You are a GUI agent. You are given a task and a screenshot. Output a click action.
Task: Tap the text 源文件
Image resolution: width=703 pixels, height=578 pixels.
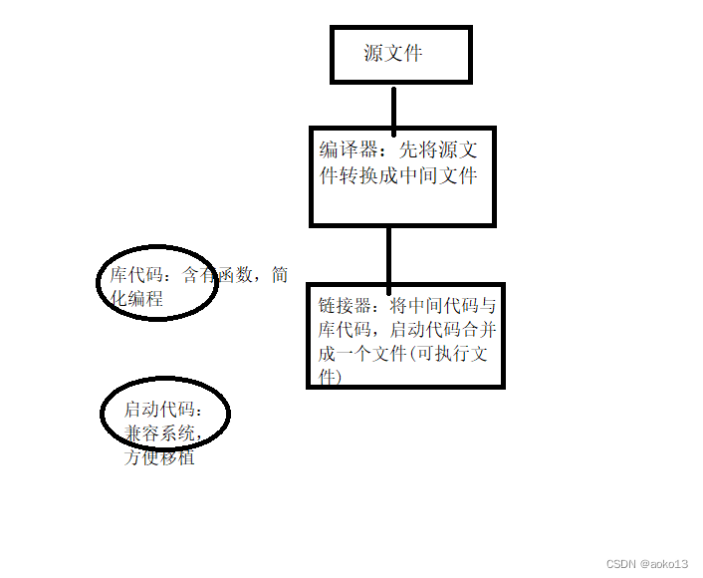coord(393,53)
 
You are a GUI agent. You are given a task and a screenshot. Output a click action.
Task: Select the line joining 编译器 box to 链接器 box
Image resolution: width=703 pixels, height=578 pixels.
coord(388,256)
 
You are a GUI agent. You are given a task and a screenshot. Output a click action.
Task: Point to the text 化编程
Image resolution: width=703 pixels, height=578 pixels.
coord(136,299)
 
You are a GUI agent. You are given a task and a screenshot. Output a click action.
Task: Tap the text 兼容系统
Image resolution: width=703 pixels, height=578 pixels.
coord(163,433)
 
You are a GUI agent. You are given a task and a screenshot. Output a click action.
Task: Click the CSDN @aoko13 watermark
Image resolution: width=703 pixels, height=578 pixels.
coord(646,564)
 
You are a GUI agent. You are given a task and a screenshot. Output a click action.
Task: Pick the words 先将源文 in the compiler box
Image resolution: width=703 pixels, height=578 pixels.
coord(438,150)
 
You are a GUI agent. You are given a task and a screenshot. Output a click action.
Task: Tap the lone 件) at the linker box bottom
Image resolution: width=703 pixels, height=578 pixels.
coord(330,378)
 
